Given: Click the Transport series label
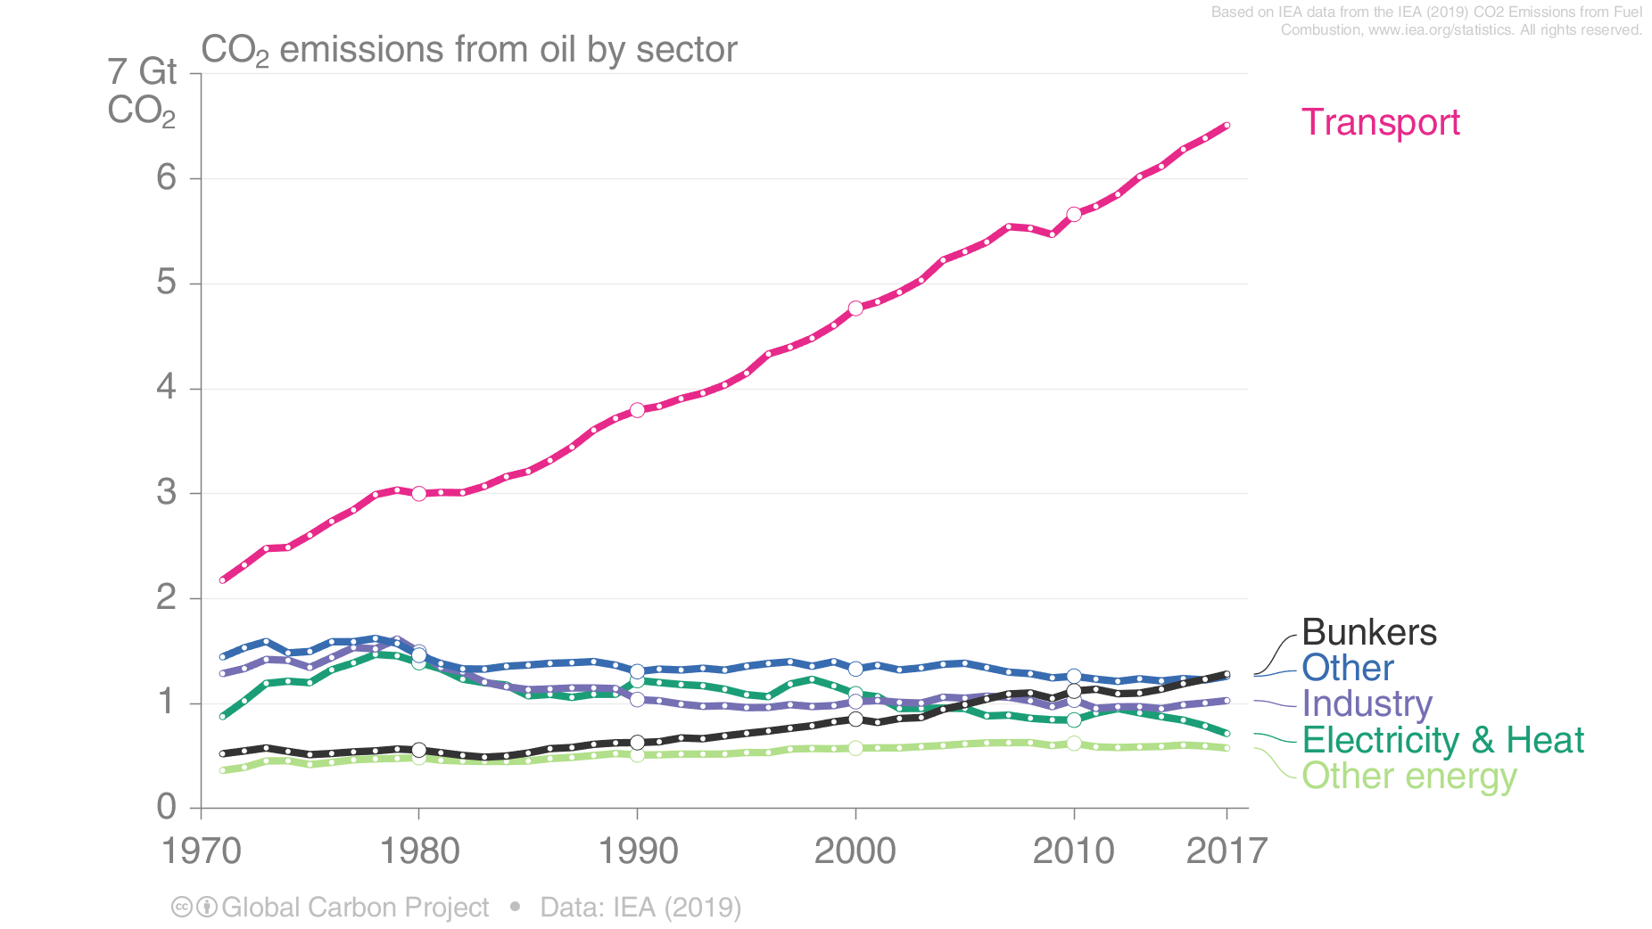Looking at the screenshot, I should [x=1380, y=122].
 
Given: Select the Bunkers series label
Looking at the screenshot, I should [x=1368, y=632].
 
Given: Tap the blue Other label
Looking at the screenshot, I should [x=1347, y=668].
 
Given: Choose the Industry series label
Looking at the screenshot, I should [x=1367, y=703].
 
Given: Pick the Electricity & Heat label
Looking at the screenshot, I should [x=1442, y=740].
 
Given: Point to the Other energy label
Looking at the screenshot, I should [x=1408, y=776].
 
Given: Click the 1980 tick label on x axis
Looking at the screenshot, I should [x=419, y=851].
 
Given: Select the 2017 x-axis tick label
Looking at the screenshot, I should [x=1227, y=851].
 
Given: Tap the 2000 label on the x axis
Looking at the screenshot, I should [x=855, y=851].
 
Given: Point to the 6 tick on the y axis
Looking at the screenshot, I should [x=167, y=178].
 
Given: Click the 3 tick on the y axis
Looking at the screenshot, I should [x=167, y=493].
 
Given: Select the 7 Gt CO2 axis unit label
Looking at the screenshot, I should [x=143, y=91].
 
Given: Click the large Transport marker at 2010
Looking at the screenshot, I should [x=1074, y=214].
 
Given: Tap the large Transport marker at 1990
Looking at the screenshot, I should [x=637, y=410].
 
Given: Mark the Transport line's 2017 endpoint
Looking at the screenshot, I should [x=1227, y=126].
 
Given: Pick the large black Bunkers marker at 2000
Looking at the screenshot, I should [x=855, y=719].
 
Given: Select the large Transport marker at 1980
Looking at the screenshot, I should [x=419, y=493].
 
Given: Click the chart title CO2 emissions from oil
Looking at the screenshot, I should [x=469, y=50].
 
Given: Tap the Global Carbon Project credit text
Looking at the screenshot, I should [x=354, y=907].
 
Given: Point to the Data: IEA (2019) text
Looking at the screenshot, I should [x=640, y=907].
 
